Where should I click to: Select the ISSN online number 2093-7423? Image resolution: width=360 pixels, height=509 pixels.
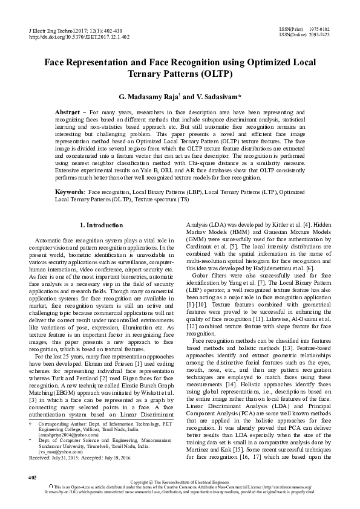tap(319, 34)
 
